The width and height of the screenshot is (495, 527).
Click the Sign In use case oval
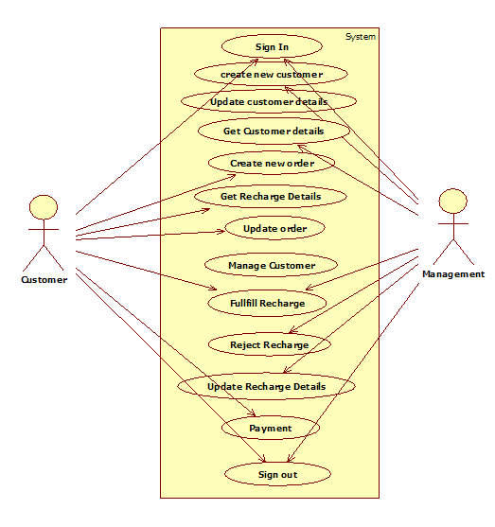click(x=272, y=46)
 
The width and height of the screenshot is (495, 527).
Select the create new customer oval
click(x=271, y=74)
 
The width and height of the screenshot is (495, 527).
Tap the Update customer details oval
click(x=269, y=101)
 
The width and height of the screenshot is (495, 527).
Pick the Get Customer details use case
click(x=274, y=131)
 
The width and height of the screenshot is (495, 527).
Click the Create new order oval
click(x=272, y=163)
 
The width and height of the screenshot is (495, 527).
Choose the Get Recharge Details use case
click(x=271, y=196)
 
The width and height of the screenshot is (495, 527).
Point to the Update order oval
click(x=274, y=228)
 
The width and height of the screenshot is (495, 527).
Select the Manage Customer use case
click(x=271, y=265)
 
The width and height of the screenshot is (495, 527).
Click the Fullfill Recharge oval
click(x=267, y=303)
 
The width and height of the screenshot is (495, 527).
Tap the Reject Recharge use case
click(x=270, y=344)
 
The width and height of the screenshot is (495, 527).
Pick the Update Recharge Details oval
click(x=266, y=386)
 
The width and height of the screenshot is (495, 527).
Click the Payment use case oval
click(x=271, y=428)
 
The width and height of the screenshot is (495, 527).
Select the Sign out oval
click(x=277, y=474)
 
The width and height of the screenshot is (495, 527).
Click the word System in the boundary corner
click(x=361, y=37)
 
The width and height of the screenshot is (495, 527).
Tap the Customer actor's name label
click(x=44, y=280)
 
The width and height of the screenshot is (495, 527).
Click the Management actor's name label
click(x=453, y=274)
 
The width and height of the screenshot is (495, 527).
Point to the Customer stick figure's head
click(x=44, y=207)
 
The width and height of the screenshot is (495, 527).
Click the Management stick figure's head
click(x=453, y=201)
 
